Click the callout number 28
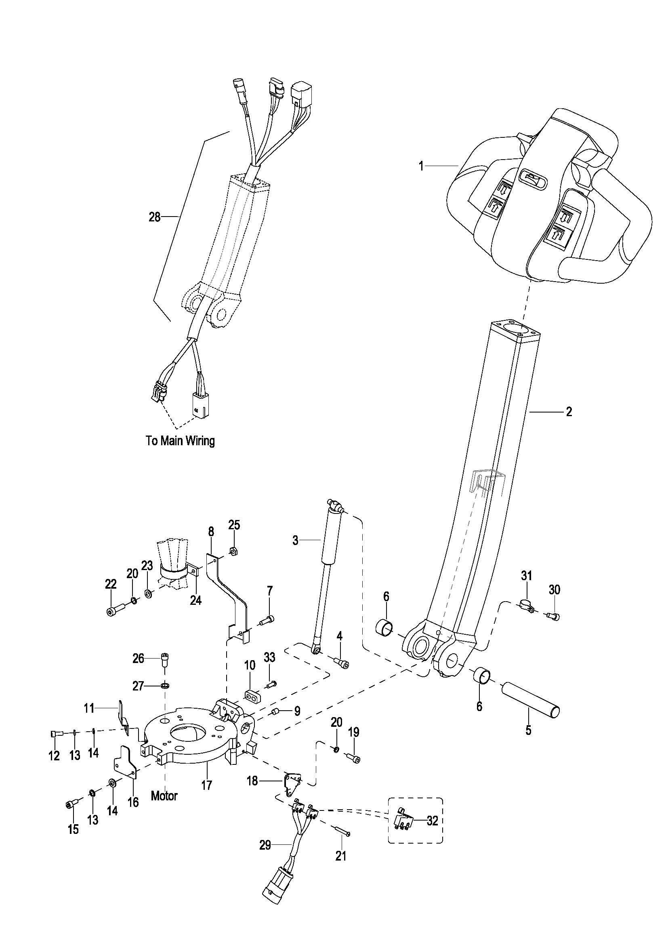(154, 217)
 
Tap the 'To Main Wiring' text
(180, 441)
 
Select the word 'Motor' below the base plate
(164, 796)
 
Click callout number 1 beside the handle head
(421, 166)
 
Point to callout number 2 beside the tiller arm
(569, 411)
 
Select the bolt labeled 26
(165, 659)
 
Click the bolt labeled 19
(354, 756)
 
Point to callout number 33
(269, 657)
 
